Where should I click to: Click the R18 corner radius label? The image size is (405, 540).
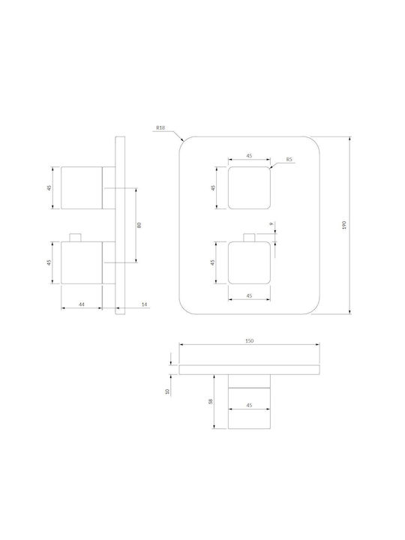(160, 127)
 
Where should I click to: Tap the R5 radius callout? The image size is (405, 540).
(289, 159)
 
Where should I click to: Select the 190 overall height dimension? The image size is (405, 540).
(345, 225)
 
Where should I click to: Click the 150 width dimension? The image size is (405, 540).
(249, 340)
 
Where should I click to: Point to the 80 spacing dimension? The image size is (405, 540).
(139, 225)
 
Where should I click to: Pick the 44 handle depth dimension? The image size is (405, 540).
(82, 304)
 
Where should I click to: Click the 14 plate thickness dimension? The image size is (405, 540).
(144, 304)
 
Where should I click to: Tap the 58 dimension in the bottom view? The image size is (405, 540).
(211, 401)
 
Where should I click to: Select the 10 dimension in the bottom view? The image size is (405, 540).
(168, 391)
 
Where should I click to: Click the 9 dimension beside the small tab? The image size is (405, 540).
(271, 223)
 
